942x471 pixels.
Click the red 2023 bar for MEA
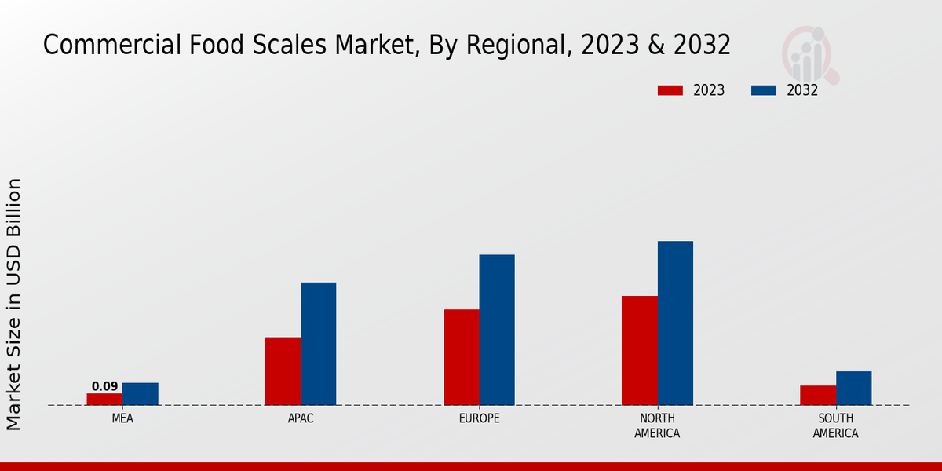coord(104,399)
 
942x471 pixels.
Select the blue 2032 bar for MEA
coord(140,394)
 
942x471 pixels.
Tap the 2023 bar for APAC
coord(283,371)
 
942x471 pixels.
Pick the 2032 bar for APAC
coord(318,344)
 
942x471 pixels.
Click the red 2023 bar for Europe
coord(461,357)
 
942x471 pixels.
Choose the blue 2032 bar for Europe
coord(497,330)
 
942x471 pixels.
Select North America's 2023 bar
coord(639,350)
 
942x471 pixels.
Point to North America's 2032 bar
coord(675,323)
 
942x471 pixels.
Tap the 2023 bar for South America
coord(818,396)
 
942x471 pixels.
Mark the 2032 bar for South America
coord(853,388)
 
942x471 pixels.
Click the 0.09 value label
coord(104,386)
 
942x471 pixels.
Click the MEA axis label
coord(122,418)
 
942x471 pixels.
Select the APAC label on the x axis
coord(301,418)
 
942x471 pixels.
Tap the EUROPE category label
coord(479,418)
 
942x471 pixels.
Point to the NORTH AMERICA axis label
coord(657,425)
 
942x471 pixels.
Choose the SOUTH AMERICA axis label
coord(835,425)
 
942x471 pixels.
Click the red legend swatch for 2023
coord(670,90)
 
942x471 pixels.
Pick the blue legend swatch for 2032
coord(764,90)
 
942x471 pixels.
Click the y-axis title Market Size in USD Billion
coord(14,304)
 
